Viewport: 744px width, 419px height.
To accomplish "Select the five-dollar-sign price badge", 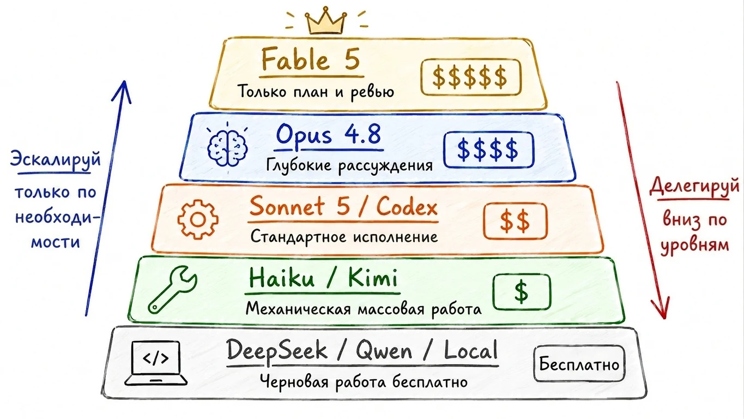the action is (470, 77).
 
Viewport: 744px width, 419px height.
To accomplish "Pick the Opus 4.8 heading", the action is (329, 135).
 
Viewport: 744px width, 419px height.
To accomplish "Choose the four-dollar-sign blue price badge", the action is (488, 149).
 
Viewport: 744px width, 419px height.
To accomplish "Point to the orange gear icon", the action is (198, 219).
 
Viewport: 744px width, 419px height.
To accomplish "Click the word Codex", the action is (407, 206).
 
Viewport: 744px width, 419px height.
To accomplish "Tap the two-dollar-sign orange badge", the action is (515, 222).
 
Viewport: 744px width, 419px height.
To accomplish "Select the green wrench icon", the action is (173, 289).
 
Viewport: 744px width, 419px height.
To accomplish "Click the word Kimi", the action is (373, 278).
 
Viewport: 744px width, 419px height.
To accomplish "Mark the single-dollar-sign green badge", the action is (522, 292).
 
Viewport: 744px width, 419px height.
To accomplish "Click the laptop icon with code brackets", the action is (156, 363).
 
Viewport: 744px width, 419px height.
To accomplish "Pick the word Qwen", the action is (384, 351).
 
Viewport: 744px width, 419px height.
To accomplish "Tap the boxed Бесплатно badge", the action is (579, 363).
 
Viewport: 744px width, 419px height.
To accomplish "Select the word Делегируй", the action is (694, 187).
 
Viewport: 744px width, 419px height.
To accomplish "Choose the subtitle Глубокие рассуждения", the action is (350, 165).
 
